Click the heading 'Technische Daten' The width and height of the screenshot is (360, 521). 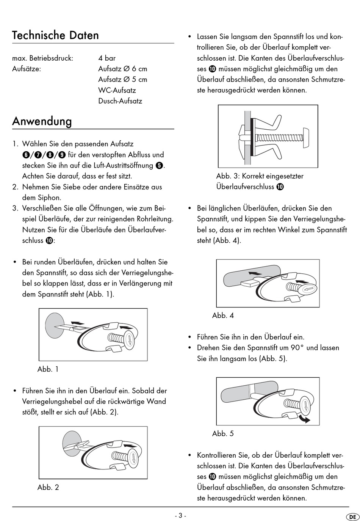tap(55, 35)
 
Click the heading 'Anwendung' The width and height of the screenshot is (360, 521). tap(42, 121)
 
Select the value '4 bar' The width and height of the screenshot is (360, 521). tap(107, 58)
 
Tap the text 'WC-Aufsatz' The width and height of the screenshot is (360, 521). tap(117, 90)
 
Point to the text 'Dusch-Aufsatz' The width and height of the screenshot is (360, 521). tap(120, 101)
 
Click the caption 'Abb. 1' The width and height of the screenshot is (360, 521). tap(48, 369)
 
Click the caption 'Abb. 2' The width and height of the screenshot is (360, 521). tap(48, 487)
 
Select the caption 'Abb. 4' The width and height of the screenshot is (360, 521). tap(223, 315)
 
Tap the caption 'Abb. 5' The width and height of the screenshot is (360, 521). tap(223, 433)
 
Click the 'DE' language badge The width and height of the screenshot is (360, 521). tap(352, 516)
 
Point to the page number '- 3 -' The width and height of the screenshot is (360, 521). tap(180, 515)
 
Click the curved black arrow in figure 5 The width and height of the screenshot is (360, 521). tap(304, 418)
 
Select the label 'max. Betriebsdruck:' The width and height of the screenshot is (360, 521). tap(43, 58)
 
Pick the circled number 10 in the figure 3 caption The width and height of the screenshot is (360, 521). tap(280, 187)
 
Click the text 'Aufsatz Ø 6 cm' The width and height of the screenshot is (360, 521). tap(123, 69)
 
